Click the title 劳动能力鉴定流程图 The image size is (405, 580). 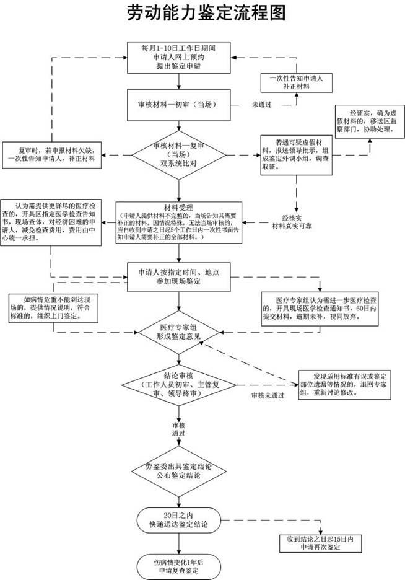[202, 13]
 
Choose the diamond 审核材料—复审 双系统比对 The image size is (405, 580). [178, 154]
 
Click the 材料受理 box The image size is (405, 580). [179, 221]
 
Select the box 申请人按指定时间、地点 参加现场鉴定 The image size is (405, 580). [178, 277]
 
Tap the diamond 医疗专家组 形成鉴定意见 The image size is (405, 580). [178, 331]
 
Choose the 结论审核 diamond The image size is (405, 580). [178, 384]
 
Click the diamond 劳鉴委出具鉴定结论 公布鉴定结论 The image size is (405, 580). [178, 472]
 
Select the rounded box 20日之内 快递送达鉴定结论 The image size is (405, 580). [178, 520]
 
